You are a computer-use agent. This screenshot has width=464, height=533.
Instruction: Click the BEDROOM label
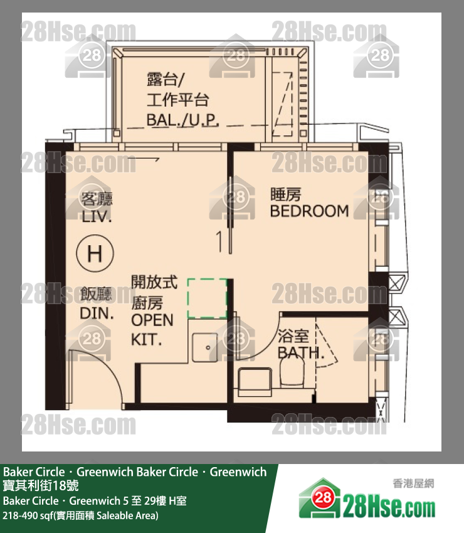(309, 211)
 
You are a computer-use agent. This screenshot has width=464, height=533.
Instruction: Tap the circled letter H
(95, 253)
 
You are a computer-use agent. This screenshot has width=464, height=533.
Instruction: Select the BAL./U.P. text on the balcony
(183, 120)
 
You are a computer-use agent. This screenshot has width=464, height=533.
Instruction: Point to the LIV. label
(97, 216)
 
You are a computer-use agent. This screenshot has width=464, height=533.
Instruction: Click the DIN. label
(97, 313)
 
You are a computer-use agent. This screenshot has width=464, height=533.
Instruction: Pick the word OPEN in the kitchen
(152, 320)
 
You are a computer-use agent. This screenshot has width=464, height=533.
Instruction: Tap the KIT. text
(147, 340)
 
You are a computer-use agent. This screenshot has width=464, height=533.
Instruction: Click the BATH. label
(301, 353)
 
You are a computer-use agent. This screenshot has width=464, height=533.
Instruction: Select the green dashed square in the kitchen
(207, 298)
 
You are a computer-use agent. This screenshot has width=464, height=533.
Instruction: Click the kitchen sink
(205, 347)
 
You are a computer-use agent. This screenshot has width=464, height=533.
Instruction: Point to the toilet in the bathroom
(292, 372)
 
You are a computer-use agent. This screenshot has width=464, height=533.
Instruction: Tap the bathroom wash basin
(255, 381)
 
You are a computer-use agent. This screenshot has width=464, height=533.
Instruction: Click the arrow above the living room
(143, 159)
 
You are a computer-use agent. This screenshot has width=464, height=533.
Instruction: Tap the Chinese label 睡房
(285, 194)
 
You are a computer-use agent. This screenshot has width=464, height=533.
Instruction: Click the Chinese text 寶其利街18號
(41, 485)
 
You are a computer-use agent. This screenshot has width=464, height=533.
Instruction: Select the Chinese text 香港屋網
(413, 483)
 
